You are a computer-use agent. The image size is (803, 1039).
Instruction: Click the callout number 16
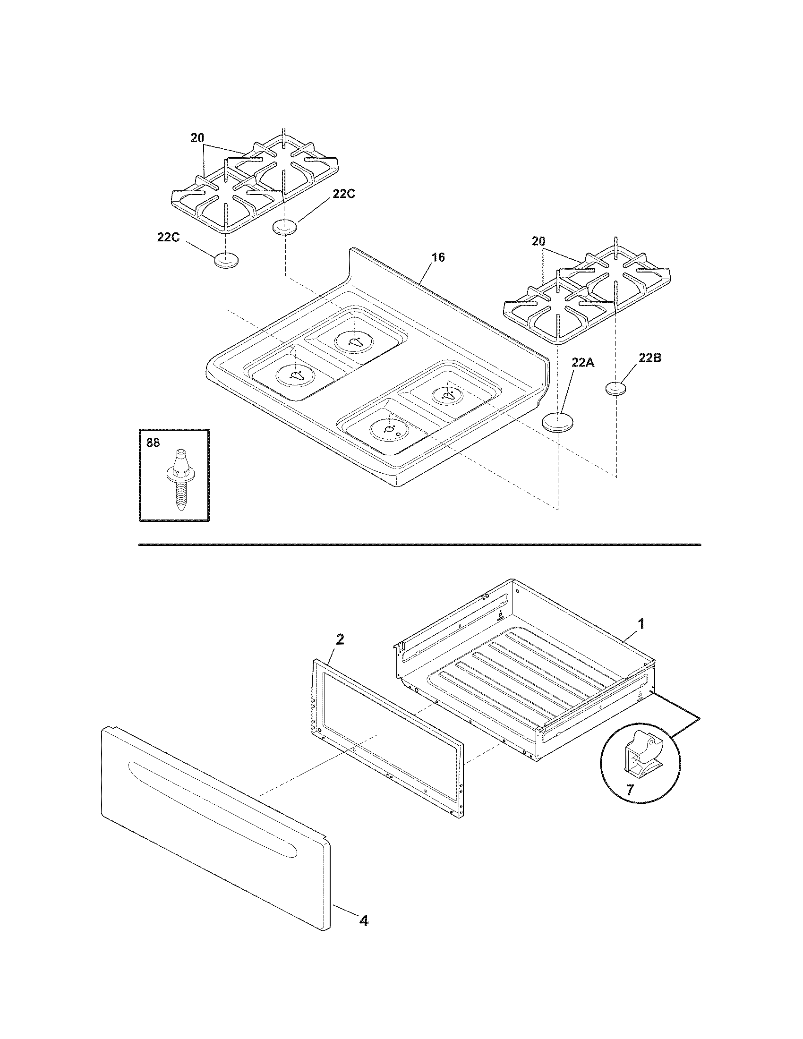coord(438,257)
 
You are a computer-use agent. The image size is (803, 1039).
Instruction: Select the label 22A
coord(583,363)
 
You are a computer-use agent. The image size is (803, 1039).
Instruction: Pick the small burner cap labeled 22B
coord(616,389)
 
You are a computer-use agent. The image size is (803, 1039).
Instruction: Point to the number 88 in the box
coord(153,443)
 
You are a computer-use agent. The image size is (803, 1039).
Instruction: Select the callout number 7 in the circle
coord(629,790)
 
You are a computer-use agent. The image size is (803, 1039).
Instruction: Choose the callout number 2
coord(340,639)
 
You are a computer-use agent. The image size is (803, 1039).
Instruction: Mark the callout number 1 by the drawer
coord(641,623)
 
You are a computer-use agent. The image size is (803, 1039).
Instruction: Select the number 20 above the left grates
coord(197,138)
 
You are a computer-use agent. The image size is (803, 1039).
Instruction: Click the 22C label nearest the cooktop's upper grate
coord(343,194)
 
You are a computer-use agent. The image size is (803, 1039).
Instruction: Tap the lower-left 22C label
coord(169,237)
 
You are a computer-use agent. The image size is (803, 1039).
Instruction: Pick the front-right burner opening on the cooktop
coord(390,430)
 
